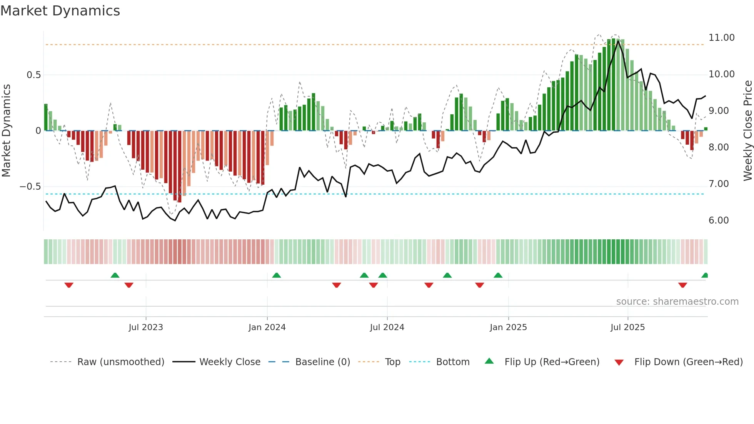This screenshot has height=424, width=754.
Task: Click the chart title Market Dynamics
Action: [x=60, y=11]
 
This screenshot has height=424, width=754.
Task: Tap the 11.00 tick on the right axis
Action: [x=721, y=38]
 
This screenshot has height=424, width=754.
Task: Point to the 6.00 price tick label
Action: [x=718, y=220]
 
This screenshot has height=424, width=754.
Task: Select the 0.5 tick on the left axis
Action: [x=33, y=75]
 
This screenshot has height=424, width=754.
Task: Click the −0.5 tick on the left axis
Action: [x=30, y=187]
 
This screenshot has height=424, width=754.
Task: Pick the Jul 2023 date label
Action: [x=146, y=327]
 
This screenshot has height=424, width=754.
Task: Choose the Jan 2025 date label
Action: [x=508, y=327]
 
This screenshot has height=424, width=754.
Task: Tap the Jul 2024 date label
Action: [x=387, y=327]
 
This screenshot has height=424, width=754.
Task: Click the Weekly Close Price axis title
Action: [x=747, y=131]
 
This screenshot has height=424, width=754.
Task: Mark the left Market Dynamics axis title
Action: [x=6, y=131]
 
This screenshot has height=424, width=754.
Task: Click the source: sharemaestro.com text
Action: [x=677, y=302]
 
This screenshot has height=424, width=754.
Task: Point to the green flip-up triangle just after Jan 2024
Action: [x=276, y=275]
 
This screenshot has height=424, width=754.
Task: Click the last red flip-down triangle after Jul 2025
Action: [x=682, y=285]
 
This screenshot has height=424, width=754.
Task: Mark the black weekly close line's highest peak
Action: [x=618, y=41]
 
